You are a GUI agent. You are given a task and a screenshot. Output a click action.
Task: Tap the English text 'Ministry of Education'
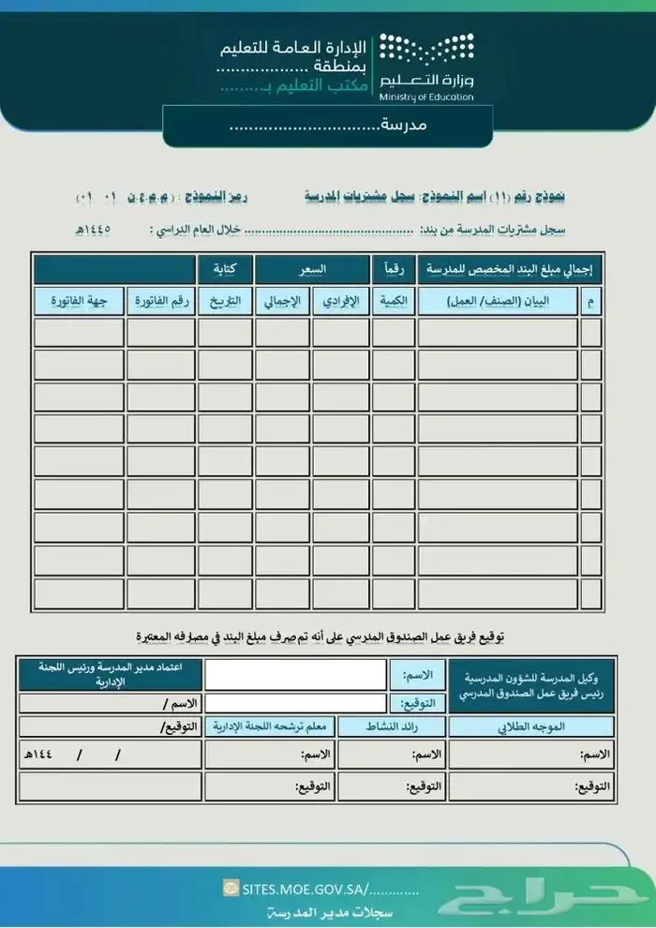click(426, 97)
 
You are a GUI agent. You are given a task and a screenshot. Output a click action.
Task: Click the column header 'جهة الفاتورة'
click(79, 301)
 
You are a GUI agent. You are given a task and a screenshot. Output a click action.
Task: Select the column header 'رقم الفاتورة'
click(161, 301)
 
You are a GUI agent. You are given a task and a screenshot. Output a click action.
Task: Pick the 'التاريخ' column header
click(225, 301)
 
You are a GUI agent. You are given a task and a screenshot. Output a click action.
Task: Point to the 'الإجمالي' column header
click(284, 301)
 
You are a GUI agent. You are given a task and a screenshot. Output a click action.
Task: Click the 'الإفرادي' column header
click(341, 301)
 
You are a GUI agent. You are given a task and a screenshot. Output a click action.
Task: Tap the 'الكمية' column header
click(394, 301)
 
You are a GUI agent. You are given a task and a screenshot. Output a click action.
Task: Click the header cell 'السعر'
click(312, 270)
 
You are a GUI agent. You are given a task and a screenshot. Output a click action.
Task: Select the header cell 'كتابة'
click(225, 270)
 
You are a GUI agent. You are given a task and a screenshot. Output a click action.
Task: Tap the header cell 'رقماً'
click(394, 270)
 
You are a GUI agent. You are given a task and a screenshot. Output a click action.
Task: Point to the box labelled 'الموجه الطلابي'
click(531, 726)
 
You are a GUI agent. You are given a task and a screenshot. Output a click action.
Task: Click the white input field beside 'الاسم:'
click(295, 674)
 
